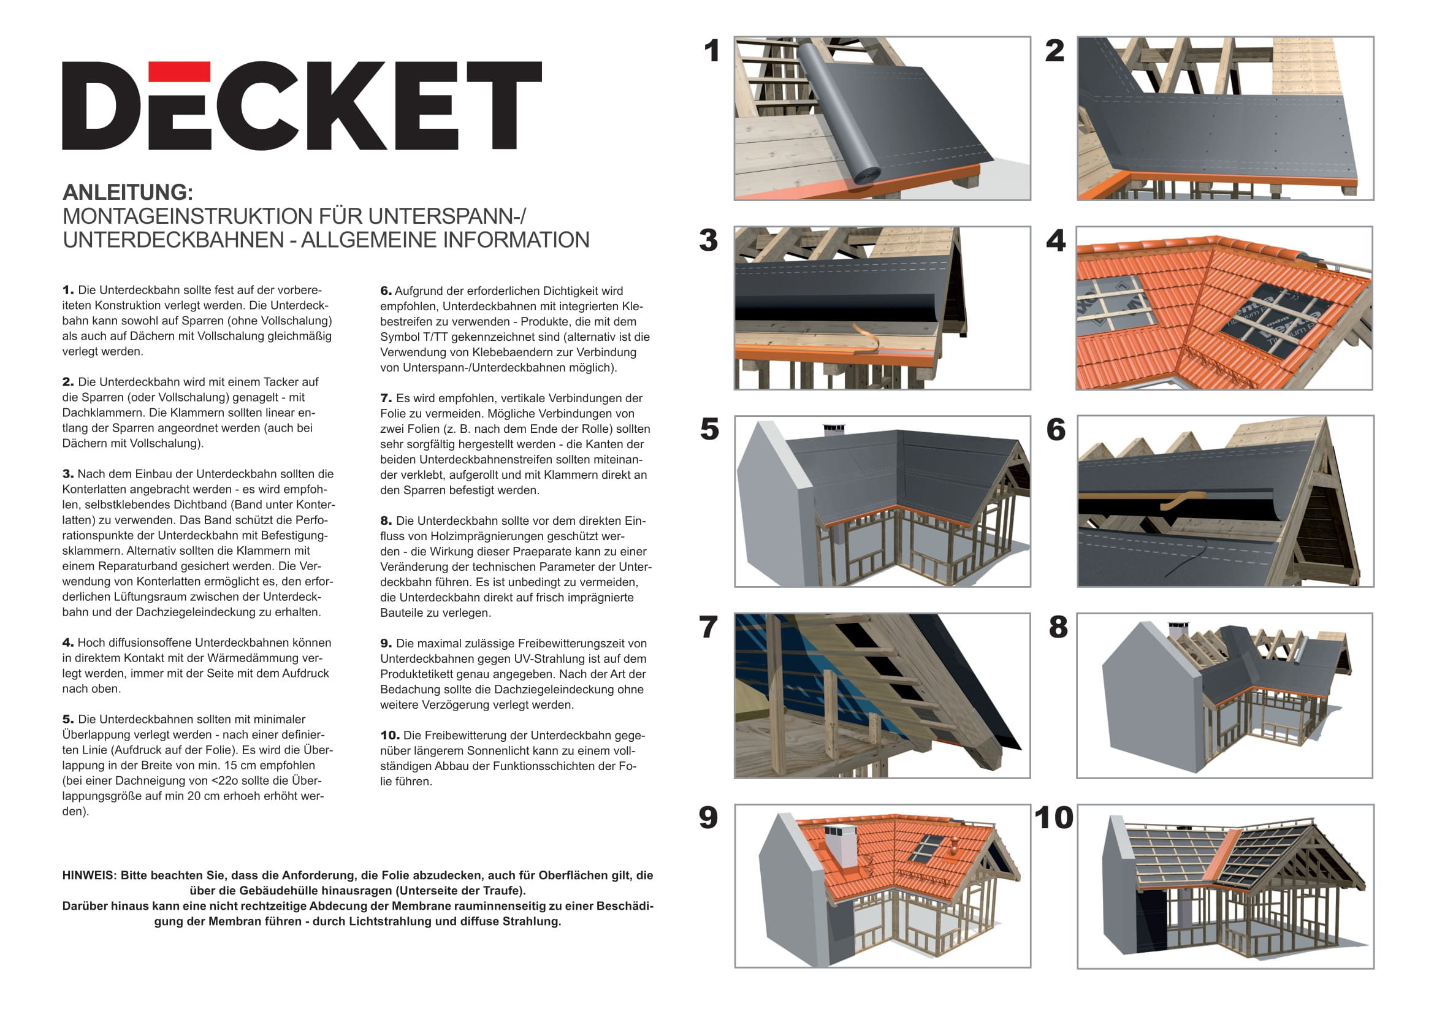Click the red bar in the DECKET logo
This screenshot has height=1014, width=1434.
coord(179,71)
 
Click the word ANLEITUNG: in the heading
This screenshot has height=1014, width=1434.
coord(128,192)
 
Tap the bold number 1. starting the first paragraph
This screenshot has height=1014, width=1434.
coord(68,290)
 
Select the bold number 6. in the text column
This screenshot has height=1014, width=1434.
coord(386,291)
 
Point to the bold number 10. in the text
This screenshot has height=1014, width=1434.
coord(390,736)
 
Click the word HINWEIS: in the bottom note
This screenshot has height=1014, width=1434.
coord(90,875)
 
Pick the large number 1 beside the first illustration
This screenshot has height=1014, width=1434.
coord(711,51)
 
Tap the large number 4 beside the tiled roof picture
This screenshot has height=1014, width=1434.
coord(1056,241)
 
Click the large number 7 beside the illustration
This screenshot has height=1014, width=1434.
coord(708,628)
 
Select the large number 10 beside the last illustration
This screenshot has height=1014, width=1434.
coord(1054,818)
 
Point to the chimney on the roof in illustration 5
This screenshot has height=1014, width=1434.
coord(834,430)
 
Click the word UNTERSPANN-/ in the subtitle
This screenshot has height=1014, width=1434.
coord(446,216)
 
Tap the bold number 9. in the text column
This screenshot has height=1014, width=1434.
coord(386,644)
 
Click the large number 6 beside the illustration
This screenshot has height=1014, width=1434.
coord(1056,430)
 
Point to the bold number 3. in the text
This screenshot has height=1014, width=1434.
coord(68,474)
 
